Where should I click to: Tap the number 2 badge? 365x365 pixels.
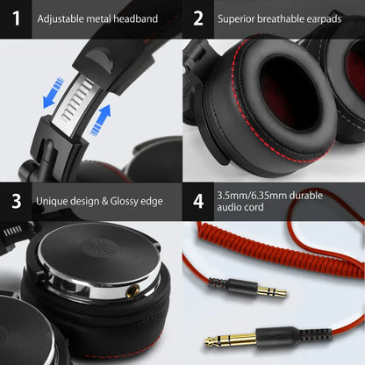(x=199, y=18)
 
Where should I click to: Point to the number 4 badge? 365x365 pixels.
(x=199, y=201)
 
